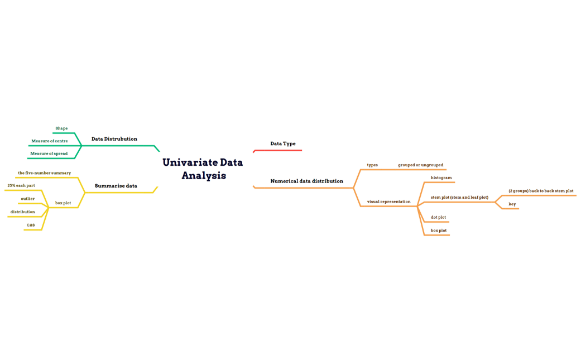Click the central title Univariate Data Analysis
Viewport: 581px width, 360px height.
203,169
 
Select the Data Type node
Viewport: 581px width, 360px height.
283,144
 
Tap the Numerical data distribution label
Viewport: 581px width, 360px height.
306,181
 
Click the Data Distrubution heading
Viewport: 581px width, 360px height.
114,139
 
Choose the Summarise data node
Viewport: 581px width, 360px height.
116,186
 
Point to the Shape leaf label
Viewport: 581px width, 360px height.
61,128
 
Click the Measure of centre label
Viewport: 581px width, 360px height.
50,141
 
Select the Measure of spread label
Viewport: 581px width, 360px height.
49,153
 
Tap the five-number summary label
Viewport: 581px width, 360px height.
45,173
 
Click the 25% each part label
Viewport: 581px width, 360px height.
21,186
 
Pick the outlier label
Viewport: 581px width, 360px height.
28,199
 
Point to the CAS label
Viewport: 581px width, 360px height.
31,225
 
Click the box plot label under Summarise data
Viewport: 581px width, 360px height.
63,203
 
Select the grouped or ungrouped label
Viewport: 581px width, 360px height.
420,165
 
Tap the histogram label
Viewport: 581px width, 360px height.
441,178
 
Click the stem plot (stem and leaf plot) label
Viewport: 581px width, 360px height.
459,198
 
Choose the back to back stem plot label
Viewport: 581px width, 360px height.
541,191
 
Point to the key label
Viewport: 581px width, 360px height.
512,204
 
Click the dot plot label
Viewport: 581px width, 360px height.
438,218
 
